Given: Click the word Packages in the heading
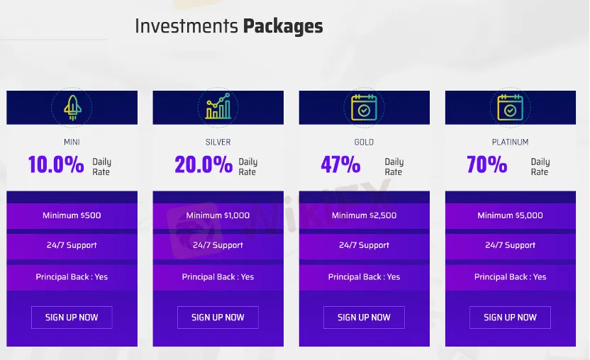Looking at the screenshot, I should click(x=283, y=27).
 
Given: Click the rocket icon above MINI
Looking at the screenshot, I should click(x=72, y=108).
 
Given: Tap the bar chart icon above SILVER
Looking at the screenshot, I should click(x=218, y=108).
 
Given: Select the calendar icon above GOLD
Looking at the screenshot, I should click(x=364, y=108).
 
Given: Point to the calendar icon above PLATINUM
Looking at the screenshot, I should click(x=510, y=108).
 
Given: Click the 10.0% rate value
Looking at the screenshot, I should click(x=56, y=165).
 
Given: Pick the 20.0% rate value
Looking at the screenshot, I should click(x=204, y=165).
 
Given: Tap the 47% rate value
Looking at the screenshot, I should click(x=340, y=165).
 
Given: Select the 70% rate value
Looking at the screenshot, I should click(x=487, y=165).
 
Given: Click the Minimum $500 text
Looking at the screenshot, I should click(x=72, y=215).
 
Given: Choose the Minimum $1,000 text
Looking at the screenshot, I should click(x=218, y=215).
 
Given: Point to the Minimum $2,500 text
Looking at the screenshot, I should click(x=364, y=215).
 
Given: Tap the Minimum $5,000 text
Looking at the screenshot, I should click(x=510, y=215).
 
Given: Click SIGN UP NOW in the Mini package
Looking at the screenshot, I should click(x=72, y=317).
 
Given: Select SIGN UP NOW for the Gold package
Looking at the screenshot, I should click(x=364, y=317).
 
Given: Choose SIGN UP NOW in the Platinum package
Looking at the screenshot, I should click(x=510, y=317).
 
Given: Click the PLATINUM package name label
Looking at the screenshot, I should click(x=510, y=142).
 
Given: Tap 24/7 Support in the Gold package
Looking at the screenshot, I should click(x=364, y=245).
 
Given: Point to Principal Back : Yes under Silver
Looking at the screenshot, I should click(x=218, y=277).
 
